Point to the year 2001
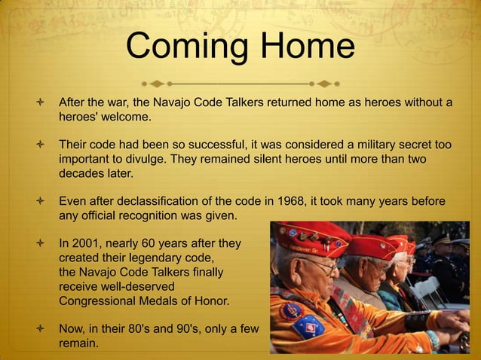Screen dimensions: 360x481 point(87,244)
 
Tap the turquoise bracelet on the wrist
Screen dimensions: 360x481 point(434,339)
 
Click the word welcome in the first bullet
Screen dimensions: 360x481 point(124,117)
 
